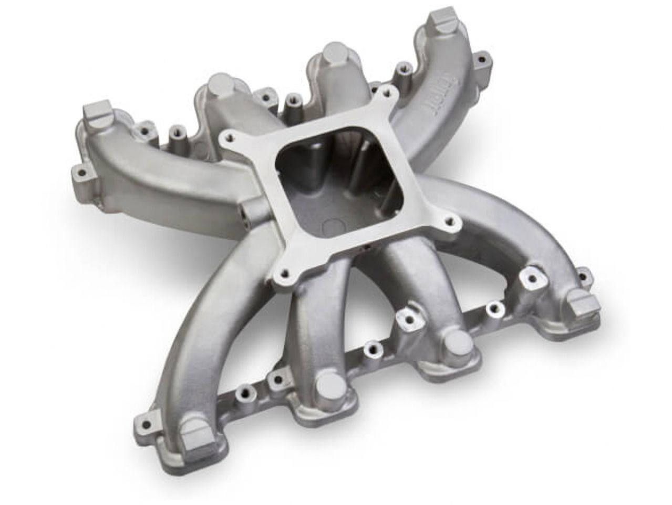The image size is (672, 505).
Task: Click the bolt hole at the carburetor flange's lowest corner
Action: (284, 273)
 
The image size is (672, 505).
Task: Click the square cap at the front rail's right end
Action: (581, 307)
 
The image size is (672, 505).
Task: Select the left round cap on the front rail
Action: (328, 383)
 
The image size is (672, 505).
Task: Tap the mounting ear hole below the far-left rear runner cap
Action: (81, 171)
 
